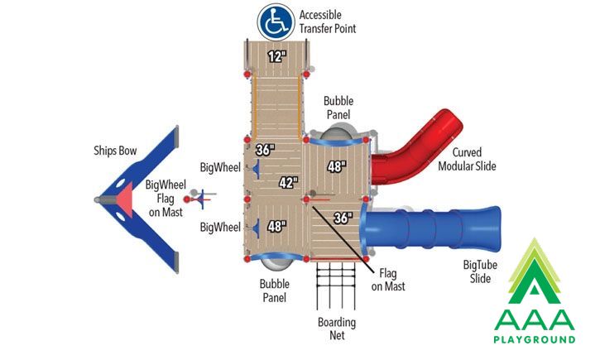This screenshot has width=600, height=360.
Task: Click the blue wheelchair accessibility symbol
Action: click(x=276, y=22)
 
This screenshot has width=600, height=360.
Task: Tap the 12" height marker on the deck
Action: click(x=276, y=56)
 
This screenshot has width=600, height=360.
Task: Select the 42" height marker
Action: click(x=288, y=183)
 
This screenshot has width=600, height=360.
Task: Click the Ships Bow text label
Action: click(x=115, y=151)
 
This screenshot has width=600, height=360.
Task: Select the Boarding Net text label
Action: click(x=337, y=329)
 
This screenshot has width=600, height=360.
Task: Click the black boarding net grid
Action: click(x=336, y=286)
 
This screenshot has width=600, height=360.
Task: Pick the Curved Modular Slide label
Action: click(x=467, y=159)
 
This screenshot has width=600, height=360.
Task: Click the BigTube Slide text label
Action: click(x=480, y=271)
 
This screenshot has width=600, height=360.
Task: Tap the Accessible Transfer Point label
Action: click(x=328, y=22)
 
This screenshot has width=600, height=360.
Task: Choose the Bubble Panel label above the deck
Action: click(x=338, y=108)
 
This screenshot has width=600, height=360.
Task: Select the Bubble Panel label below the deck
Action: click(x=275, y=290)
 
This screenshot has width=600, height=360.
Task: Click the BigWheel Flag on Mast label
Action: click(x=166, y=198)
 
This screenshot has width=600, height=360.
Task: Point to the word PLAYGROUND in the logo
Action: click(x=534, y=339)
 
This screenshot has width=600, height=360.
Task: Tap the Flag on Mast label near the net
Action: click(x=388, y=280)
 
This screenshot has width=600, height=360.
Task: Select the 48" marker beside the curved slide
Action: click(x=337, y=166)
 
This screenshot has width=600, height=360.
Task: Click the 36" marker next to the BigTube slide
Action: click(x=343, y=218)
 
